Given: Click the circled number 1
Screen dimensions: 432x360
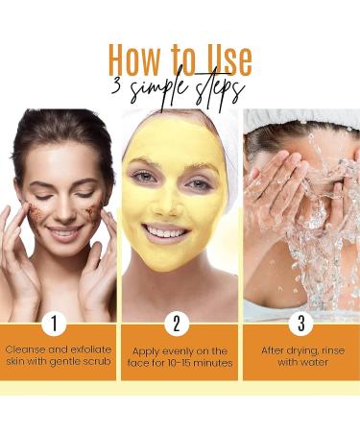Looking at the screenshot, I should [x=57, y=323].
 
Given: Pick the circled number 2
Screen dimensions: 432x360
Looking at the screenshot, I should [x=178, y=323].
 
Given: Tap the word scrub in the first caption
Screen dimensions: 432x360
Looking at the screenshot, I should [x=94, y=364].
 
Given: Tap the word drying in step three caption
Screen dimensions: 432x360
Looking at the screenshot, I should [x=292, y=350].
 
